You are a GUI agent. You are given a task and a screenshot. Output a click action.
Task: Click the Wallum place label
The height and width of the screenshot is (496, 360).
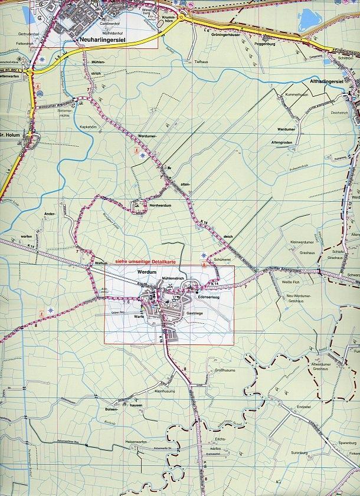[100, 264]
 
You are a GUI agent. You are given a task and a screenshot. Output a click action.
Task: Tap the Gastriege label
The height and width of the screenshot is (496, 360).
[195, 314]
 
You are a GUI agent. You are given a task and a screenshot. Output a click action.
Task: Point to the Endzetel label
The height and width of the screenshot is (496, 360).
[304, 407]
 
